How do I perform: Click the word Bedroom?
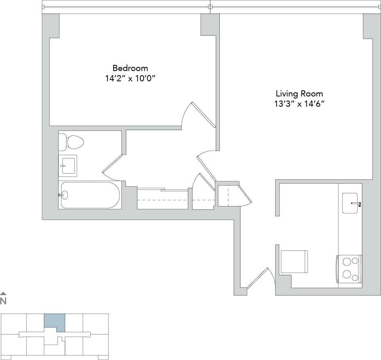pyautogui.click(x=130, y=68)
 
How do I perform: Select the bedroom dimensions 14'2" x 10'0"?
pyautogui.click(x=130, y=78)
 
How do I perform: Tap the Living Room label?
pyautogui.click(x=299, y=94)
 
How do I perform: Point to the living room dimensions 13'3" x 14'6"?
pyautogui.click(x=299, y=104)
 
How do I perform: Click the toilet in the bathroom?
pyautogui.click(x=71, y=142)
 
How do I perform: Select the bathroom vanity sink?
pyautogui.click(x=68, y=165)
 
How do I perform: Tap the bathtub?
pyautogui.click(x=90, y=195)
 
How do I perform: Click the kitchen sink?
pyautogui.click(x=350, y=203)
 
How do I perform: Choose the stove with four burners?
pyautogui.click(x=349, y=268)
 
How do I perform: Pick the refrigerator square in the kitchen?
pyautogui.click(x=294, y=261)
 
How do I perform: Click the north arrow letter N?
pyautogui.click(x=3, y=301)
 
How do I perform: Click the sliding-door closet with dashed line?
pyautogui.click(x=162, y=199)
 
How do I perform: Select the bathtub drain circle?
pyautogui.click(x=64, y=195)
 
